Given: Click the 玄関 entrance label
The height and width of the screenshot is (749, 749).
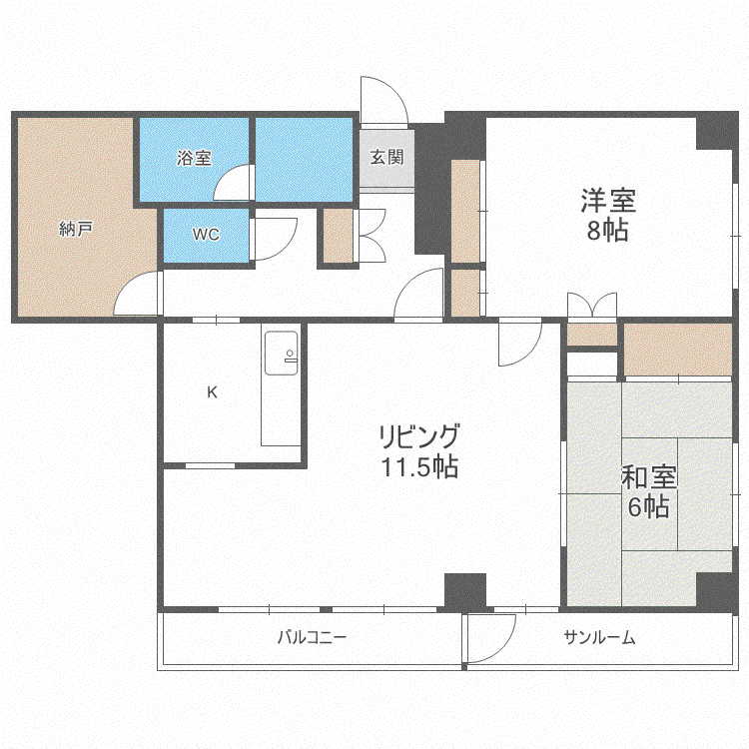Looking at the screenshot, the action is [x=386, y=157].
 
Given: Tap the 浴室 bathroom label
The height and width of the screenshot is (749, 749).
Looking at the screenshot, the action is [x=194, y=158].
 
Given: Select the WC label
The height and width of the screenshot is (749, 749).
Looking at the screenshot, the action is [x=206, y=234].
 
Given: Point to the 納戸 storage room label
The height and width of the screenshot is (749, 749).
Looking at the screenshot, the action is [x=76, y=229].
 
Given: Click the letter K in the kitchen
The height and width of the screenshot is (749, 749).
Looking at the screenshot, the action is [x=212, y=392].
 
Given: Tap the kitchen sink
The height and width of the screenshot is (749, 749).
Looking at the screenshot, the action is [x=282, y=353].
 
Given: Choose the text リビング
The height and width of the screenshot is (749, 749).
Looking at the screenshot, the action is [x=419, y=435].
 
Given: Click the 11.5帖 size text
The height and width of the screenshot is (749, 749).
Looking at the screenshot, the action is [x=419, y=466].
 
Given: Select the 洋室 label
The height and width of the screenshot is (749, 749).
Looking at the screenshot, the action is [x=608, y=200].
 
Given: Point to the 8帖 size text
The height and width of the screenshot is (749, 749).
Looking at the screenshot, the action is [x=607, y=231].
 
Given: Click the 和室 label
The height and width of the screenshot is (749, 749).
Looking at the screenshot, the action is [x=649, y=476].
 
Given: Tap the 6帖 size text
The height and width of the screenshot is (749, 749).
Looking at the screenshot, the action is [x=648, y=506].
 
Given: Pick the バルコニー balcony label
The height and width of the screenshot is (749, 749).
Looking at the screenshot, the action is [x=312, y=637].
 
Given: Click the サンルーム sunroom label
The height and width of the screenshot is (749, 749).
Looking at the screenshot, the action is [x=599, y=637].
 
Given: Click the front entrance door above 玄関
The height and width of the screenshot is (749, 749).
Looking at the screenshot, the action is [x=383, y=100].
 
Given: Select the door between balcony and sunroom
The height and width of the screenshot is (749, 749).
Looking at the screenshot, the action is [x=491, y=639].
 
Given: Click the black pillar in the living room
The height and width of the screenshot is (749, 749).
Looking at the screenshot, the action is [x=465, y=590].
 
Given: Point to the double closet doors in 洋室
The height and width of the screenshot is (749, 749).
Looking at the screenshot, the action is [x=592, y=306].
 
